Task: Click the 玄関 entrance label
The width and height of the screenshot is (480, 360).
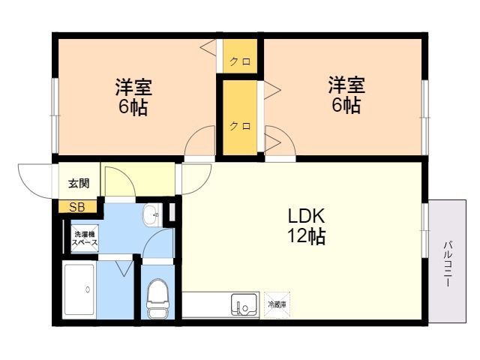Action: tap(78, 183)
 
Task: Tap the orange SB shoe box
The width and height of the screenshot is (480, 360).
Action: tap(77, 208)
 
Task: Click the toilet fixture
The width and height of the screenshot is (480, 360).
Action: tap(157, 298)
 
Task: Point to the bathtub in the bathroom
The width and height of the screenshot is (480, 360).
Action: tap(79, 291)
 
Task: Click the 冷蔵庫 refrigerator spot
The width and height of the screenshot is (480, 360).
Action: tap(277, 304)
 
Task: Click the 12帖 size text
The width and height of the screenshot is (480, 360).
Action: tap(305, 237)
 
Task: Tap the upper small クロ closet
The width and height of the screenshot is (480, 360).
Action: tap(240, 61)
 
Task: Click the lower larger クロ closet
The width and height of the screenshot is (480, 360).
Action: tap(239, 125)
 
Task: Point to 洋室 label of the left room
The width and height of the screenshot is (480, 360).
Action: tap(133, 86)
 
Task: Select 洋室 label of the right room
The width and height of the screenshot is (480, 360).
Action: tap(346, 83)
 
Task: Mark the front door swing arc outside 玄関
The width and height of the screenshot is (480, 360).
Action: tap(36, 180)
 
